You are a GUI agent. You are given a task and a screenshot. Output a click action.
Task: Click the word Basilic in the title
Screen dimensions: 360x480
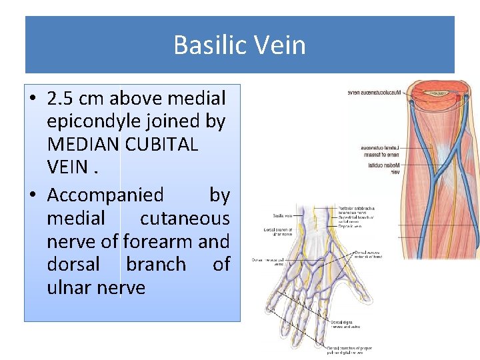204,45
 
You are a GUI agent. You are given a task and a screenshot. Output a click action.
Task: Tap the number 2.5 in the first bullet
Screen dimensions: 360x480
61,99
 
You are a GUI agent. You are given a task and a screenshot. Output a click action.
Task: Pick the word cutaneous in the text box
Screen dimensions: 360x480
184,218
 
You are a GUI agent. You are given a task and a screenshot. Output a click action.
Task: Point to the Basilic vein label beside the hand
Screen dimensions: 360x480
281,216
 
